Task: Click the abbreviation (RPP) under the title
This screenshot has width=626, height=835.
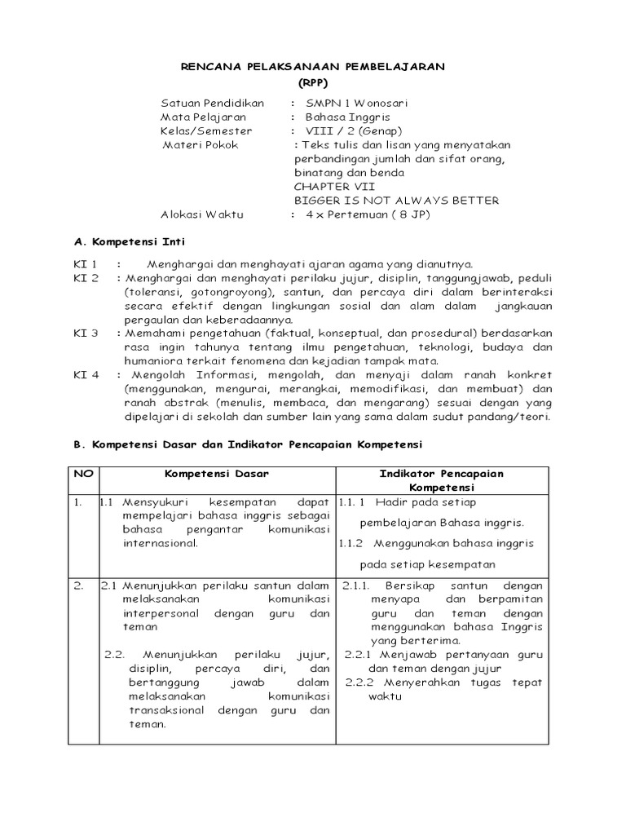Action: pos(312,83)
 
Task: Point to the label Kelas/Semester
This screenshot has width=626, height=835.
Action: pos(206,131)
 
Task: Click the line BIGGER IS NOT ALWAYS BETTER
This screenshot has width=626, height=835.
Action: pos(385,201)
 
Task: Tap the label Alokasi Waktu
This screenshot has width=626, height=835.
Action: pos(202,214)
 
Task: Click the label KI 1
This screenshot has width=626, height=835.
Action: pos(86,264)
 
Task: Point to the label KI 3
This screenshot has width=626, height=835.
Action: pos(86,334)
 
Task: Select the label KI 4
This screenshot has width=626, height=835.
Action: pos(86,375)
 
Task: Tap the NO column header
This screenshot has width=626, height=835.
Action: pos(83,473)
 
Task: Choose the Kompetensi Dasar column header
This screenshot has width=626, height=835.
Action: pos(217,473)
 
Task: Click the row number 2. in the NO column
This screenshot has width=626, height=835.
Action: pos(77,585)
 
